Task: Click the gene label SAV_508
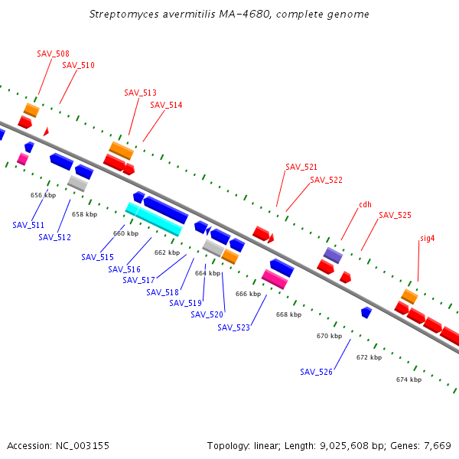point(53,54)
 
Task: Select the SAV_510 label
point(78,65)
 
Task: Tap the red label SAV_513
point(140,93)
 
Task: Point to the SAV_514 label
point(166,105)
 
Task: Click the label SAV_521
point(301,167)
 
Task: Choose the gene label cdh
point(365,204)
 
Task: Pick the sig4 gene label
point(427,238)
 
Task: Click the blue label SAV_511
point(28,225)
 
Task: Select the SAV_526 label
point(316,372)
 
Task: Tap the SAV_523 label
point(233,327)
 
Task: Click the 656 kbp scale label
point(43,195)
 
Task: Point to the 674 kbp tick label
point(409,379)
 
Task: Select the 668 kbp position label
point(288,314)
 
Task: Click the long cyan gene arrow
point(154,219)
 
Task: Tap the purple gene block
point(333,255)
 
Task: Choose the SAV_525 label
point(395,215)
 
